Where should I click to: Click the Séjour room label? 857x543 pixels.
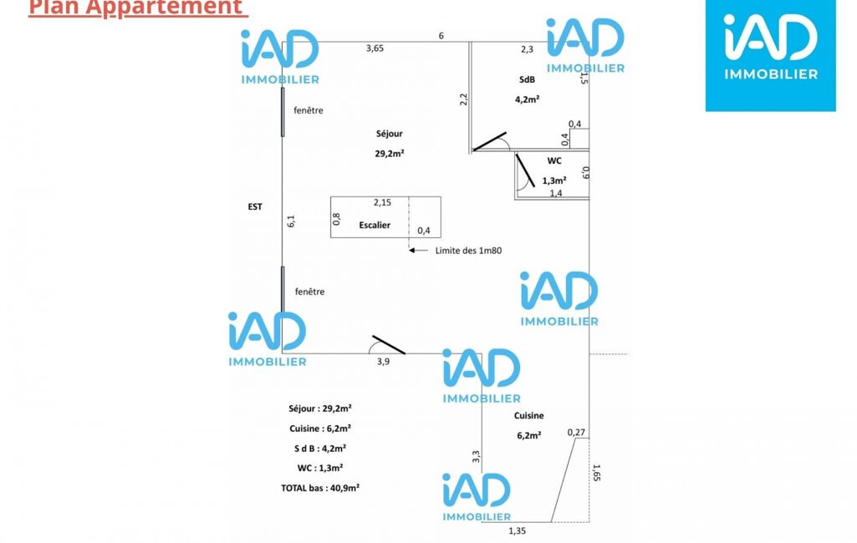pos(389,134)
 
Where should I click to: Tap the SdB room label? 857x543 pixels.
pos(527,79)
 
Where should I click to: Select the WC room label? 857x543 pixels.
pos(554,160)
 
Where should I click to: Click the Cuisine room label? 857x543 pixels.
pos(528,416)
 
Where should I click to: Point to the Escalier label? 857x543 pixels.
pos(375,225)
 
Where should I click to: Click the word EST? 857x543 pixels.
pos(255,206)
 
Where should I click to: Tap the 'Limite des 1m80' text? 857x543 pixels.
pos(468,251)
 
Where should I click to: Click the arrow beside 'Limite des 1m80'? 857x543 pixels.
pos(419,250)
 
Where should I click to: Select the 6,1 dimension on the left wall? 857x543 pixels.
pos(291,221)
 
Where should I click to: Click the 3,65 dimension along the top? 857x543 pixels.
pos(375,48)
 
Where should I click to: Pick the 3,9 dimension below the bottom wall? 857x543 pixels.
pos(383,362)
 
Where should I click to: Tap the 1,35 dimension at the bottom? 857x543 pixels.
pos(517,531)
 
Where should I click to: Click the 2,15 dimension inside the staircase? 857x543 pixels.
pos(383,203)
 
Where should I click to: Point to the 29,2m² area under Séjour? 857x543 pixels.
pos(389,154)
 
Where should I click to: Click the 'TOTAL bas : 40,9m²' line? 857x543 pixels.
pos(320,488)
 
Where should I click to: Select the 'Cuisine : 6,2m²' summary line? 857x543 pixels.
pos(320,429)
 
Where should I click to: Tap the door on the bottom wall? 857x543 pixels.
pos(389,345)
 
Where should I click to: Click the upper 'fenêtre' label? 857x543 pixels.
pos(309,110)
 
